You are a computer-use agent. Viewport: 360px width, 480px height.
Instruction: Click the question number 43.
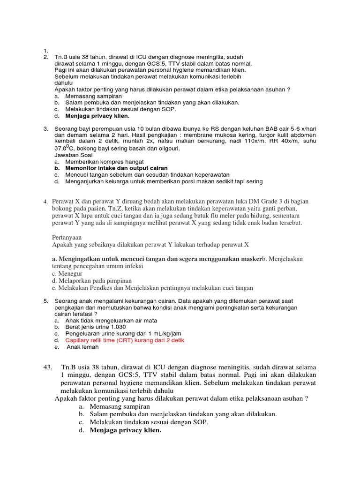47,367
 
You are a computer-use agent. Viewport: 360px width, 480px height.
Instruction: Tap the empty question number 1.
45,51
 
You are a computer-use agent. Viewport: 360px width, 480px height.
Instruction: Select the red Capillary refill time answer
125,340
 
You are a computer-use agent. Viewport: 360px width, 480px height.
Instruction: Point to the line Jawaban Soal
74,155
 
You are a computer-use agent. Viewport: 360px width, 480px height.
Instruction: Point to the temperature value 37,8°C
66,148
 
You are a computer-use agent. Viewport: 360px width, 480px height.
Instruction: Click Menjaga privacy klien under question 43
125,430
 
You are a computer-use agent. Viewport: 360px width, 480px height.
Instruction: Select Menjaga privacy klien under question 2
97,115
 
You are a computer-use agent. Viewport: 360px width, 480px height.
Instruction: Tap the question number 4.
45,202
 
